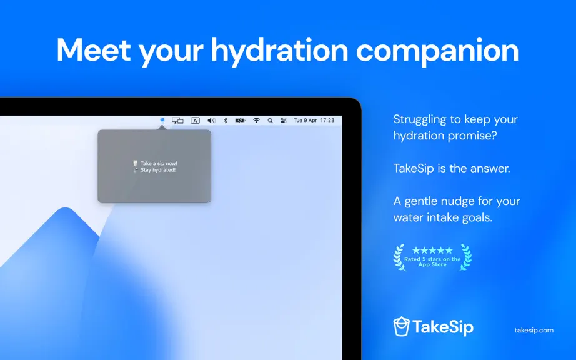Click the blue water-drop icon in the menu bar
pos(162,120)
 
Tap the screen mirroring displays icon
pos(177,121)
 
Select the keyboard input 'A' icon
pos(195,121)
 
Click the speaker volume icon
pos(211,121)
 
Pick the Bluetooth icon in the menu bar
pos(226,121)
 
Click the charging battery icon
pos(240,121)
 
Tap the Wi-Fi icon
pos(256,121)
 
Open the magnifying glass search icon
pos(270,121)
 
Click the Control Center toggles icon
pos(284,121)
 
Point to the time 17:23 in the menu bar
pos(327,120)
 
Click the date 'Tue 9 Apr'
pos(305,120)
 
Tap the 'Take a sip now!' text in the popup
pos(159,163)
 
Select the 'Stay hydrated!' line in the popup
pos(158,170)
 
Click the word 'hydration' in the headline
pos(279,51)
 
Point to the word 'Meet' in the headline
pos(93,49)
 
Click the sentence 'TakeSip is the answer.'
pos(452,168)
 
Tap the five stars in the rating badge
pos(432,251)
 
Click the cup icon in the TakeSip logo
pos(401,326)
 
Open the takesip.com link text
pos(534,330)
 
